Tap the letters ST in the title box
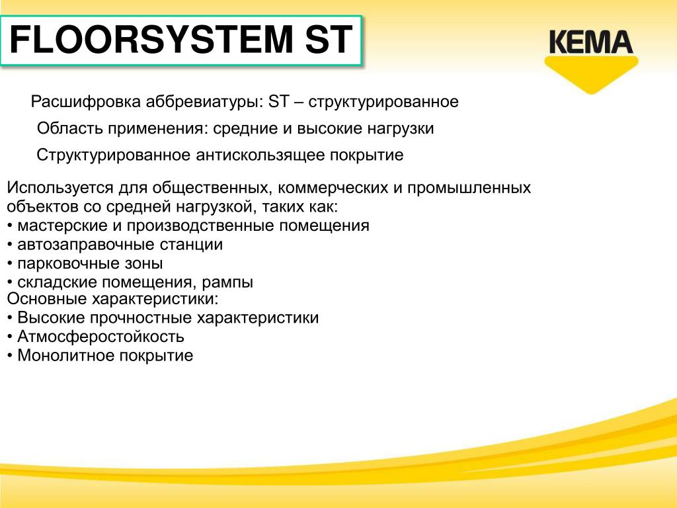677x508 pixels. pos(329,40)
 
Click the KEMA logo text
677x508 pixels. pos(590,42)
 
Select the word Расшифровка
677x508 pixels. pos(85,102)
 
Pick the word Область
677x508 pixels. pos(69,128)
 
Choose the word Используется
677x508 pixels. pos(60,188)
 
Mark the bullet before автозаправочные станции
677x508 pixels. pos(9,245)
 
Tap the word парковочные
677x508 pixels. pos(69,263)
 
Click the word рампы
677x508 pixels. pos(227,282)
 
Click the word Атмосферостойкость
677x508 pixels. pos(100,337)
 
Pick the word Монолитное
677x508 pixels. pos(65,355)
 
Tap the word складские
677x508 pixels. pos(57,282)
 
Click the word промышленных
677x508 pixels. pos(469,188)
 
